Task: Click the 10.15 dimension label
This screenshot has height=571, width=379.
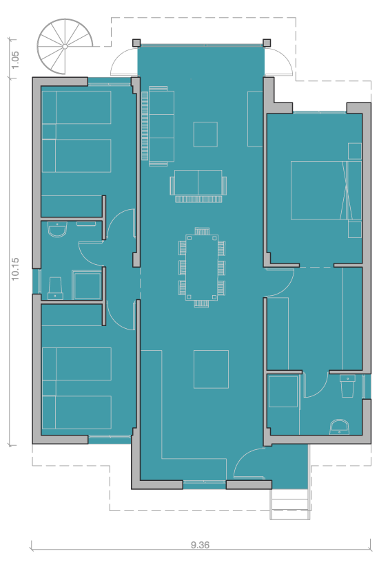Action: [x=15, y=269]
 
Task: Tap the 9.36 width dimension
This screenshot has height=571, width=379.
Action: [x=201, y=545]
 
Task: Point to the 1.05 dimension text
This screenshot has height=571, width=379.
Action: [x=15, y=60]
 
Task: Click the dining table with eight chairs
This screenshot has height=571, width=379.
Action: [x=202, y=268]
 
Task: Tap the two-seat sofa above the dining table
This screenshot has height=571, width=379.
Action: [x=198, y=186]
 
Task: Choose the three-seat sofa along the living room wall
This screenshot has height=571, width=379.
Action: [x=158, y=126]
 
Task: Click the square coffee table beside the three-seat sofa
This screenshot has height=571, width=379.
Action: [x=205, y=134]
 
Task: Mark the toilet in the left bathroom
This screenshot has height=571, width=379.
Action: [x=55, y=288]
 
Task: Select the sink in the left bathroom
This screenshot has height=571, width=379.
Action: [x=58, y=229]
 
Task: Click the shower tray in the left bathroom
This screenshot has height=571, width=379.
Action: [x=87, y=285]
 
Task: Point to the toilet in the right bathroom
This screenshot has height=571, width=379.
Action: [x=347, y=386]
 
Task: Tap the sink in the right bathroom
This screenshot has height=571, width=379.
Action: [x=339, y=427]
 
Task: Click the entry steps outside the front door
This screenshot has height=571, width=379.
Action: [x=290, y=504]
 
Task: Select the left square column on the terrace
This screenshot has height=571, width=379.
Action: [x=136, y=43]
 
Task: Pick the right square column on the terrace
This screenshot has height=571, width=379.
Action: [x=267, y=43]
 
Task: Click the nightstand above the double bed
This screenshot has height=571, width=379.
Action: [x=355, y=151]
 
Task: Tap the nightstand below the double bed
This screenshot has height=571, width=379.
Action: [x=355, y=229]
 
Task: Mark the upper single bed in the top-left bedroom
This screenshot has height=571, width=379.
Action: [x=76, y=107]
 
